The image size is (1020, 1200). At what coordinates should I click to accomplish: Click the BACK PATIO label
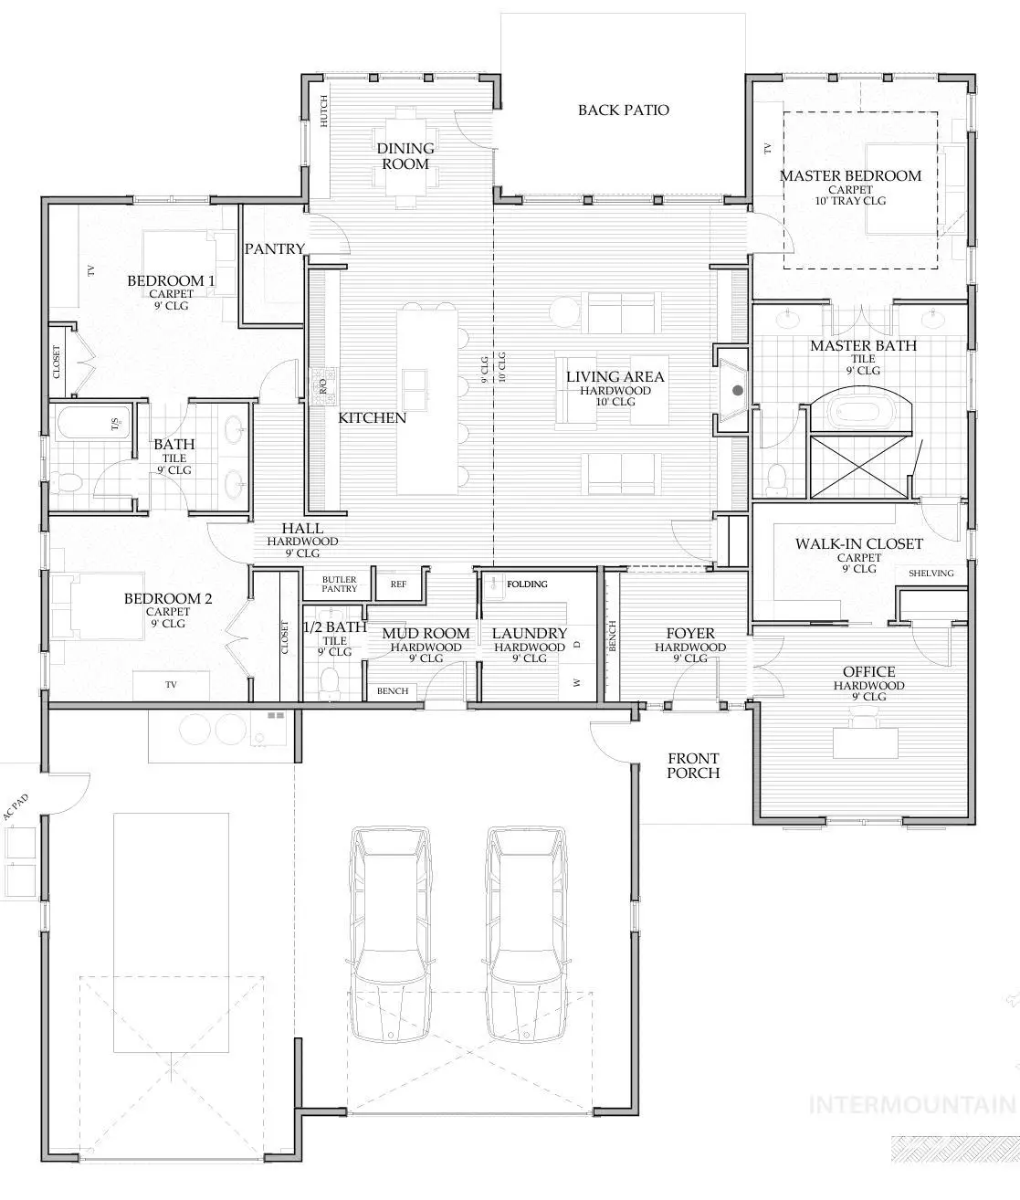pos(623,111)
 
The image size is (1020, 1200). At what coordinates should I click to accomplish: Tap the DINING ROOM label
pos(405,156)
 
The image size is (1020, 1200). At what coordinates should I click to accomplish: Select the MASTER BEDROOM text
pos(850,175)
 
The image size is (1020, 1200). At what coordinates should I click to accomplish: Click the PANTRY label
pos(274,248)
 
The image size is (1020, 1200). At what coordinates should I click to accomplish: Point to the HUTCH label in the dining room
pos(323,111)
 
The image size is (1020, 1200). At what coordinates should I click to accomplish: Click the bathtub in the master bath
pos(864,410)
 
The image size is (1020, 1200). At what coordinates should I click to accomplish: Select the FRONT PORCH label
pos(693,765)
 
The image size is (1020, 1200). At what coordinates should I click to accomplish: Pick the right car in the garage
pos(528,933)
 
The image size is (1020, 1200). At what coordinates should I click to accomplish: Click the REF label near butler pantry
pos(398,584)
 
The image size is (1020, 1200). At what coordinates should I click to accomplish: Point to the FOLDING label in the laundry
pos(527,584)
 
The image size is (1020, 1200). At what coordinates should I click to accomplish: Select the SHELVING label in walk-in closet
pos(931,574)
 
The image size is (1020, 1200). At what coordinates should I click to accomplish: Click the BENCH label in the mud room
pos(393,691)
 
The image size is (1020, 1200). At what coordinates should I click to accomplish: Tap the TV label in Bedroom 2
pos(171,684)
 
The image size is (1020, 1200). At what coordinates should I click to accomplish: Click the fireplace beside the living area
pos(734,391)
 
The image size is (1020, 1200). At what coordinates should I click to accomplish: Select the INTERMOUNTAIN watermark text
pos(913,1104)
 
